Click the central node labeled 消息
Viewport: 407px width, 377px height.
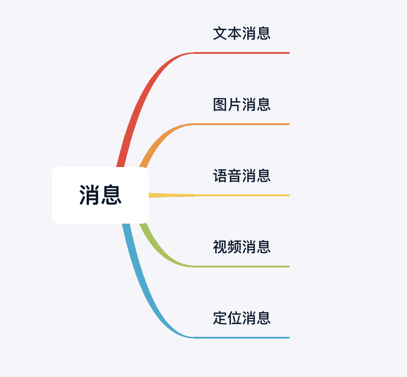pos(100,195)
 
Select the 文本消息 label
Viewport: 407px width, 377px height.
pos(242,33)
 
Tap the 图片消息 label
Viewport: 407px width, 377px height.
pos(242,105)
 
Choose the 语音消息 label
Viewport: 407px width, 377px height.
pos(242,176)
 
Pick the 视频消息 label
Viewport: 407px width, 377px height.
pos(242,247)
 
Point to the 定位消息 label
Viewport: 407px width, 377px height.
pos(242,318)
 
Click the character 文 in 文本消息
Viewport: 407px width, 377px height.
pos(220,33)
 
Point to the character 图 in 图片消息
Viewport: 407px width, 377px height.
pos(220,105)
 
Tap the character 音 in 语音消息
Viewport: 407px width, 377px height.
pos(235,176)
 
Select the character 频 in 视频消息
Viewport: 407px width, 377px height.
pos(235,247)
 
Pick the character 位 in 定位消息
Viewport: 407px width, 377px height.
pos(235,318)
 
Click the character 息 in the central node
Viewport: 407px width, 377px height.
pos(111,195)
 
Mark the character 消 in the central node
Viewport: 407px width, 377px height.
pos(90,195)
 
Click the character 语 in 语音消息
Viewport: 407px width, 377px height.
pos(220,176)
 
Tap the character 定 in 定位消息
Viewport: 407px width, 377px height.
pos(220,318)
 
